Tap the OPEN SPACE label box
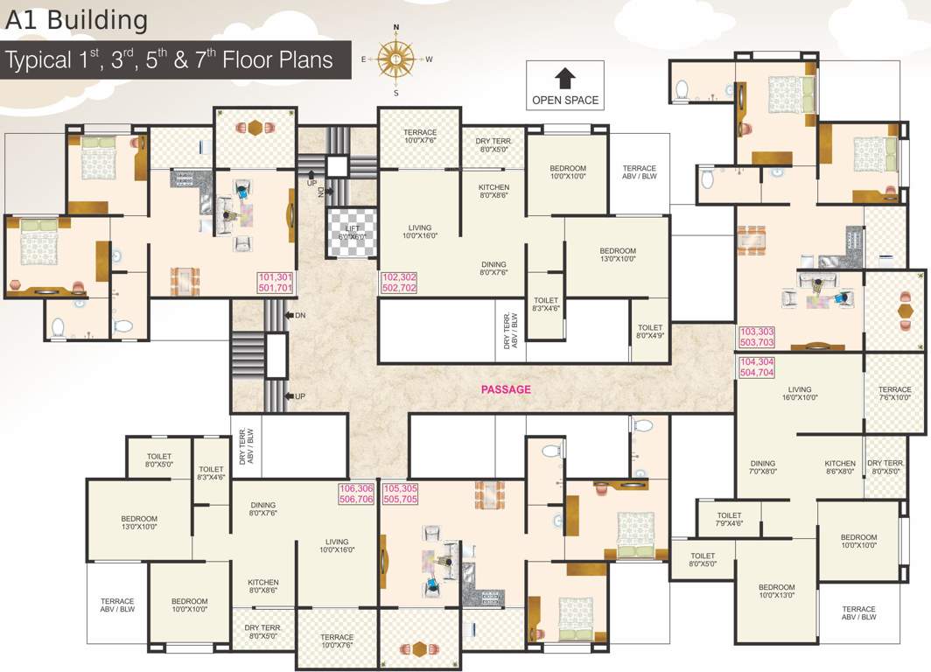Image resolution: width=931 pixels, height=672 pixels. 565,86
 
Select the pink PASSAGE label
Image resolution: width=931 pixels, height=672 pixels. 506,390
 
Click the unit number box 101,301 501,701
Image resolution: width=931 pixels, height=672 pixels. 276,282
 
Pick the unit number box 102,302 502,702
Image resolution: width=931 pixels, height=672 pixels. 399,282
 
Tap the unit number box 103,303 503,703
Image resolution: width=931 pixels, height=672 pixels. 757,337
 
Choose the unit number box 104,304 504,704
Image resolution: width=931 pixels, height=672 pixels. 757,367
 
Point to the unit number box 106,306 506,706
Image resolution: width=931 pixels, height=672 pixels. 355,493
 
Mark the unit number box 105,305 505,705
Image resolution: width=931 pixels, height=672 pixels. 401,493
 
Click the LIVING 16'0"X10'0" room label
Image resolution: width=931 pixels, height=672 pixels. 800,394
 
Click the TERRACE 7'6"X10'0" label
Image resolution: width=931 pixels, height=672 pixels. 894,394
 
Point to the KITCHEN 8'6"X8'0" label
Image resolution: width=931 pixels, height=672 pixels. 839,468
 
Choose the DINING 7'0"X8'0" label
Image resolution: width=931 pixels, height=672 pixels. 762,468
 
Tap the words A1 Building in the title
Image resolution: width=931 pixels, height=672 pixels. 76,19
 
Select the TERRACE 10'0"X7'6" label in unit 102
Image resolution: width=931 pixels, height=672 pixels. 420,136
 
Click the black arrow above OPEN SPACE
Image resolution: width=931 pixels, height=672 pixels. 565,78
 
